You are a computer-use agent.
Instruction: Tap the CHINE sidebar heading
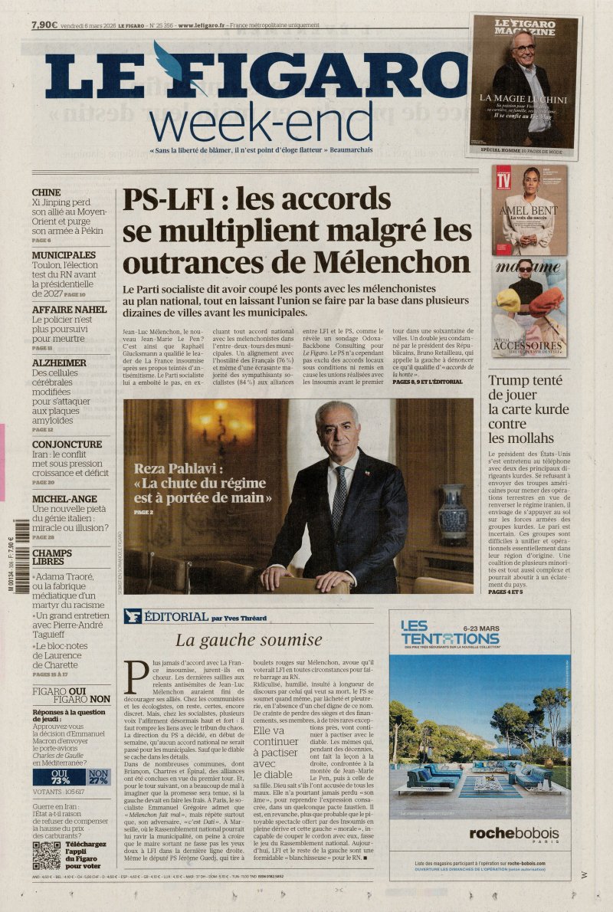coord(46,193)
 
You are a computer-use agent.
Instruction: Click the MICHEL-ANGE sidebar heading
coord(64,499)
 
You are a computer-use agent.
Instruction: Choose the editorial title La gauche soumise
coord(249,640)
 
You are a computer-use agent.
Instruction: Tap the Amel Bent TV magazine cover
coord(529,210)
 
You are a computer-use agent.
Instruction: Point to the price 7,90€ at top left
coord(44,25)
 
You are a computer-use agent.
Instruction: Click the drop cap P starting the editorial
coord(137,678)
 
